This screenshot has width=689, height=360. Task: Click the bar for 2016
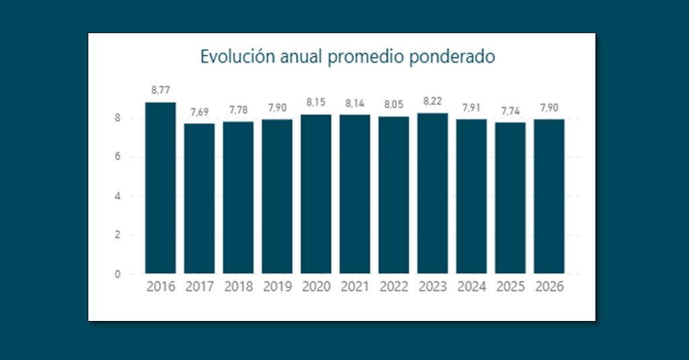click(160, 188)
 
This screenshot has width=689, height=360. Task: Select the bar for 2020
click(316, 194)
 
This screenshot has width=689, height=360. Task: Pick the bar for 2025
click(510, 199)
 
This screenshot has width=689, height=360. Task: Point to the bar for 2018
click(238, 198)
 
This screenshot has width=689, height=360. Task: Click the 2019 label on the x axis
click(277, 287)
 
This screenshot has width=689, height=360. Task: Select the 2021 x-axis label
click(355, 287)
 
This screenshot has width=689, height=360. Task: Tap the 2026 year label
click(549, 287)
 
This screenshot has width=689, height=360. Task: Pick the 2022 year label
click(394, 287)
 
